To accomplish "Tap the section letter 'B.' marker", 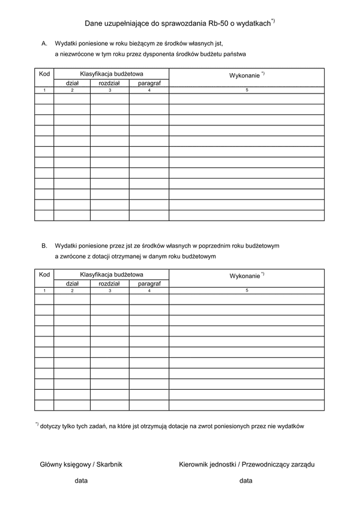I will tap(44, 246).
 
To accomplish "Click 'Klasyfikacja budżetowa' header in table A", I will tap(112, 73).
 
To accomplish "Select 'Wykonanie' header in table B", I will tap(245, 276).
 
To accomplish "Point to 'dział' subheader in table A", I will tap(72, 83).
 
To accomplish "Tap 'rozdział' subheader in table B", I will tap(110, 284).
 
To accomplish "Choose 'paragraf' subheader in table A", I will tap(149, 83).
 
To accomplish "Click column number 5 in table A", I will tap(247, 90).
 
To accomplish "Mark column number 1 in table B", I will tap(44, 291).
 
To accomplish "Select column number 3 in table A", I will tap(110, 90).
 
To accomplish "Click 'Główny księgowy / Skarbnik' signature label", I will tap(81, 464).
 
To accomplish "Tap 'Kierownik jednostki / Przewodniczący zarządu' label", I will tap(247, 464).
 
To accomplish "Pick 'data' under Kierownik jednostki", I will tap(245, 481).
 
